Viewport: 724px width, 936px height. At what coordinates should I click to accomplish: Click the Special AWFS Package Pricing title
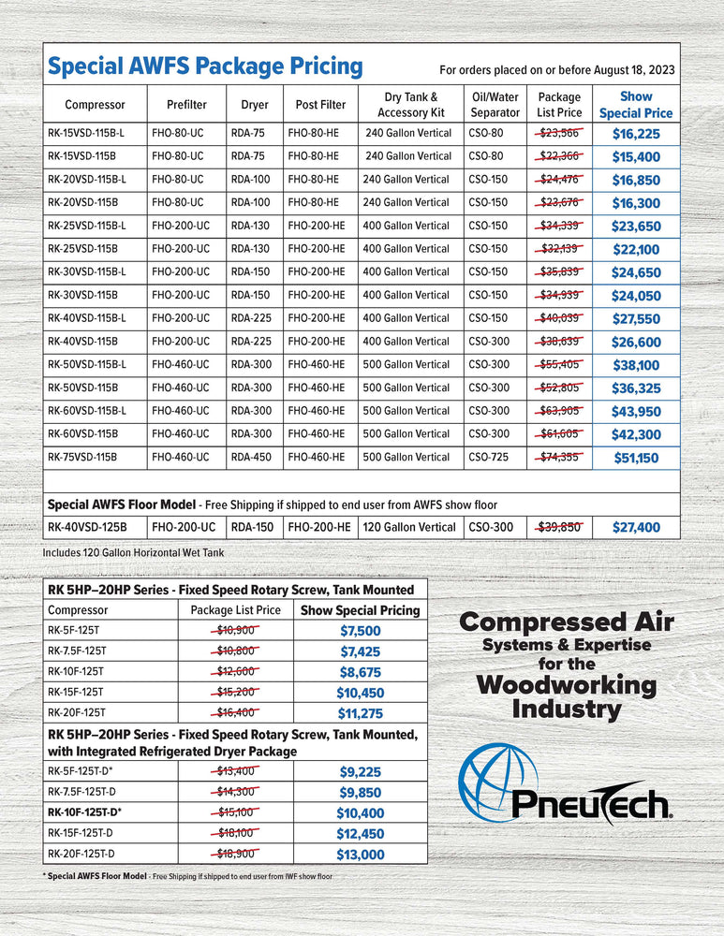[x=204, y=66]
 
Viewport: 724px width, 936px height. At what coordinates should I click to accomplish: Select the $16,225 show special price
[x=636, y=134]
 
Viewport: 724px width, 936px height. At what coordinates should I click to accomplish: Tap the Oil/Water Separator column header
[x=495, y=105]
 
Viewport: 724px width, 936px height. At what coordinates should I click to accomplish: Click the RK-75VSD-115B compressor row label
[x=82, y=457]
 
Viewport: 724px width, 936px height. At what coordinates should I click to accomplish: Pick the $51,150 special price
[x=636, y=459]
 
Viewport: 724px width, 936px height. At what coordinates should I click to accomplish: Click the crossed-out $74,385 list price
[x=560, y=457]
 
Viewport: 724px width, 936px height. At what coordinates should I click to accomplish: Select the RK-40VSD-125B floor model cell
[x=87, y=527]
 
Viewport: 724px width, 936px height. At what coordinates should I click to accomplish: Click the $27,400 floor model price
[x=636, y=528]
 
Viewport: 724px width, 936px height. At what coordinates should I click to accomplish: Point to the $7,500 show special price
[x=361, y=631]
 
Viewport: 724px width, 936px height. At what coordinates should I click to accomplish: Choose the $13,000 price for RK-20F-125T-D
[x=361, y=854]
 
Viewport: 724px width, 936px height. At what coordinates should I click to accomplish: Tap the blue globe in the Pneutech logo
[x=497, y=783]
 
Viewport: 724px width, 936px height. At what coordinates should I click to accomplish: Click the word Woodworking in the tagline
[x=566, y=684]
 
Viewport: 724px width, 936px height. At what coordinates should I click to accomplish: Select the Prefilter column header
[x=186, y=105]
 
